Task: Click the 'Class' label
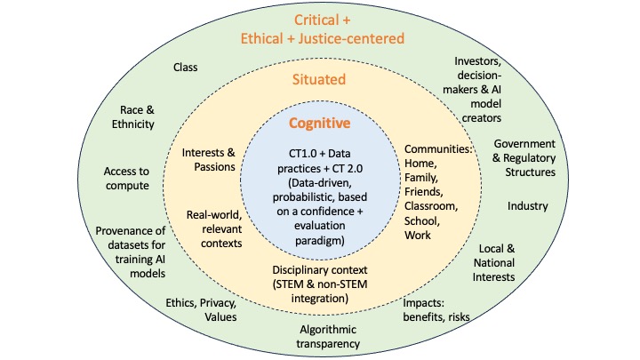pos(185,68)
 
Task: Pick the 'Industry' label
pos(528,206)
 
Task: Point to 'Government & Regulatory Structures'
pos(524,157)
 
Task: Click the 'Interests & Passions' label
pos(209,158)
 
